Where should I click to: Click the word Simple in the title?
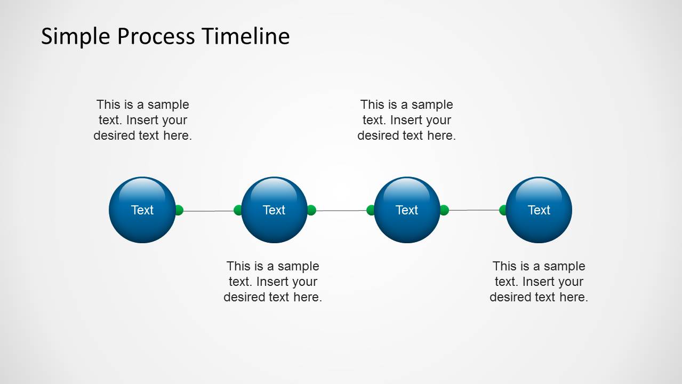pos(75,37)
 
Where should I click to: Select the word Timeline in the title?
pos(245,37)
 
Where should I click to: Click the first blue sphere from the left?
pos(142,210)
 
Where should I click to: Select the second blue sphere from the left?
pos(274,210)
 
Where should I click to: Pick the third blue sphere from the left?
pos(407,210)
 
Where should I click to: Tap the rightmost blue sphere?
pos(539,210)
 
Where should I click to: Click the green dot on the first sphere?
pos(179,210)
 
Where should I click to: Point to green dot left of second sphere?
pos(238,210)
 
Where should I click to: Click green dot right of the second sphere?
pos(312,210)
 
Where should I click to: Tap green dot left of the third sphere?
pos(371,210)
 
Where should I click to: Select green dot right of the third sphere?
pos(444,210)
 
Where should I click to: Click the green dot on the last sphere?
pos(502,210)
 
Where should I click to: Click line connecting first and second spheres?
pos(208,211)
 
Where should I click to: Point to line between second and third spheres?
pos(341,211)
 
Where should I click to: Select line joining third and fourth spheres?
pos(474,210)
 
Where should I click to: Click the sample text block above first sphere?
pos(142,120)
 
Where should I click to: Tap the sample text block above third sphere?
pos(406,120)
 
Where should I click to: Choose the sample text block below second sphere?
pos(272,282)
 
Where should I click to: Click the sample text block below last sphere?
pos(539,282)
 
